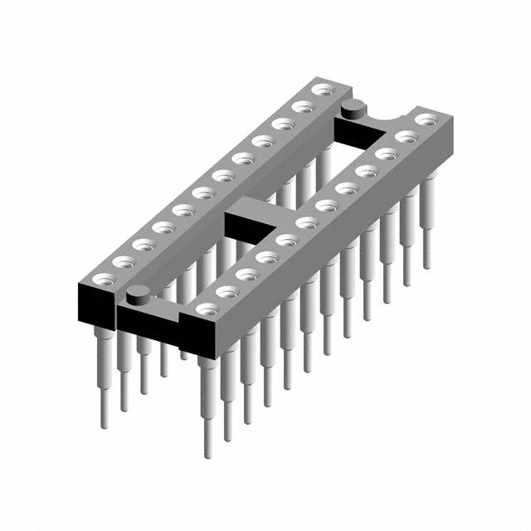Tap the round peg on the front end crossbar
pyautogui.click(x=138, y=292)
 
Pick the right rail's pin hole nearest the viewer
pyautogui.click(x=205, y=309)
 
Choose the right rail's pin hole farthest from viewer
pyautogui.click(x=424, y=119)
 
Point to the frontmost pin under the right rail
pyautogui.click(x=207, y=407)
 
